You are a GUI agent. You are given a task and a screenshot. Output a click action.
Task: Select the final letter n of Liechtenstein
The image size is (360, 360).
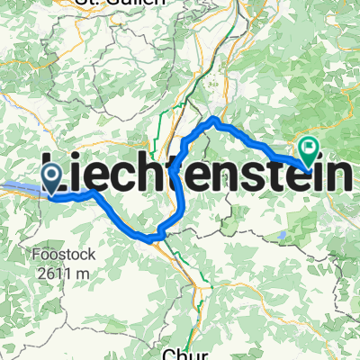(345, 171)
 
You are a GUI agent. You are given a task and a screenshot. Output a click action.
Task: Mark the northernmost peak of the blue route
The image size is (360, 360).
(214, 118)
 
